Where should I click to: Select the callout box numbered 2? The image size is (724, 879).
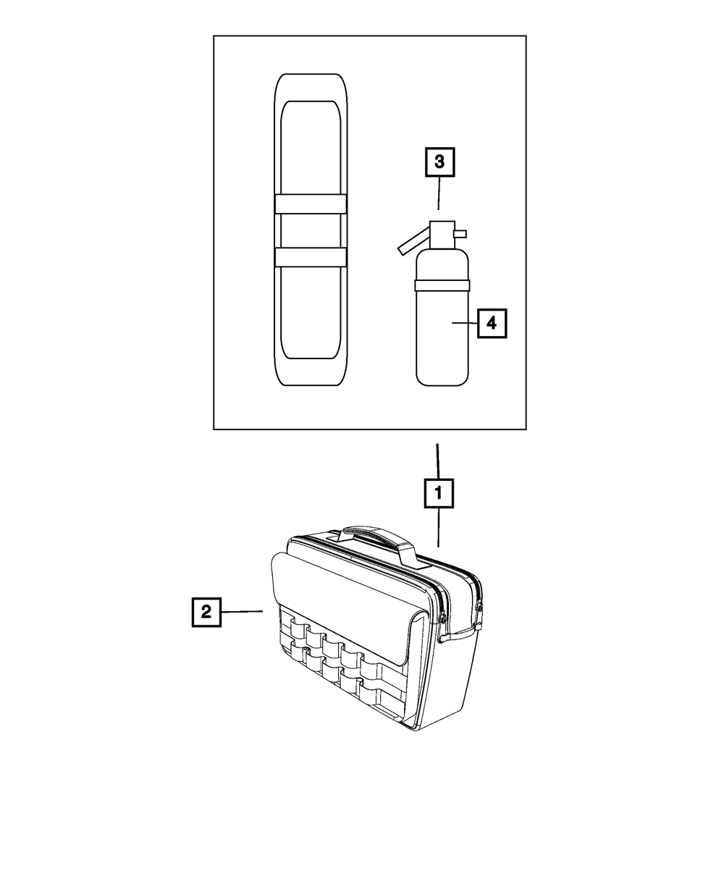coord(206,612)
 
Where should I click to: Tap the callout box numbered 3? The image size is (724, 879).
coord(439,162)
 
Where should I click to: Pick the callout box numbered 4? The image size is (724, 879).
coord(492,323)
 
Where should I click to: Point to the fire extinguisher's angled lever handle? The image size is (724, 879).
coord(413,240)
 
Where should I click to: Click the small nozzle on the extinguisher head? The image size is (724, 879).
coord(460,233)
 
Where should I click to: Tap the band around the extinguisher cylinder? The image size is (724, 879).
coord(442,285)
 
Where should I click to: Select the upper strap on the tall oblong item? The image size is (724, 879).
coord(311,204)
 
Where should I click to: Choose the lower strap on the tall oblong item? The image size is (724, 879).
coord(311,257)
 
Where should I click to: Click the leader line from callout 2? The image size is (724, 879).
coord(242,613)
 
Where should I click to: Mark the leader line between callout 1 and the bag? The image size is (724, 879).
coord(439,526)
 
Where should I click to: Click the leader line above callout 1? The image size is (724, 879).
coord(437,460)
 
